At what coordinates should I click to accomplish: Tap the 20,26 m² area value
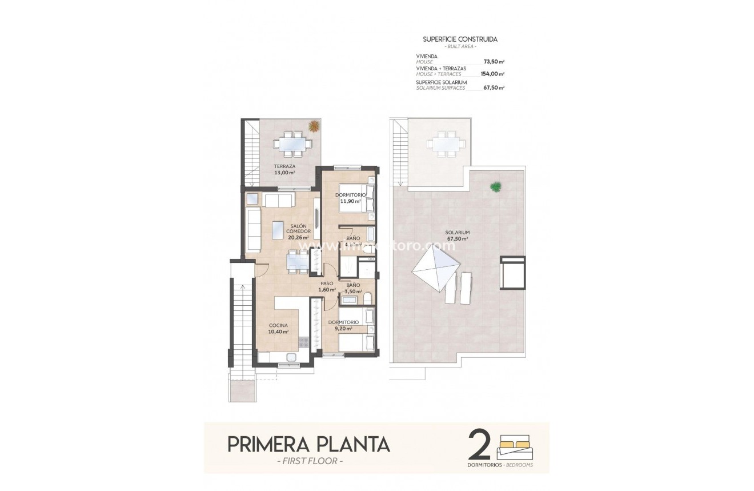(298, 238)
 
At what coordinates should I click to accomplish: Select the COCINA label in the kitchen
(278, 325)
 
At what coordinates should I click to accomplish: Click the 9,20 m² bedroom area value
(343, 329)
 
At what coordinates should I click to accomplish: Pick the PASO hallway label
(327, 283)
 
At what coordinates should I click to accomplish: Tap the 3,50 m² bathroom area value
(352, 291)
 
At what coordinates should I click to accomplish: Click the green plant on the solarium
(496, 186)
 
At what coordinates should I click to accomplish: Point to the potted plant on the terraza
(314, 126)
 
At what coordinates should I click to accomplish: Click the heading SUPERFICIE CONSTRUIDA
(459, 39)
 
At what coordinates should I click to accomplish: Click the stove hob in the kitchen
(304, 342)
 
